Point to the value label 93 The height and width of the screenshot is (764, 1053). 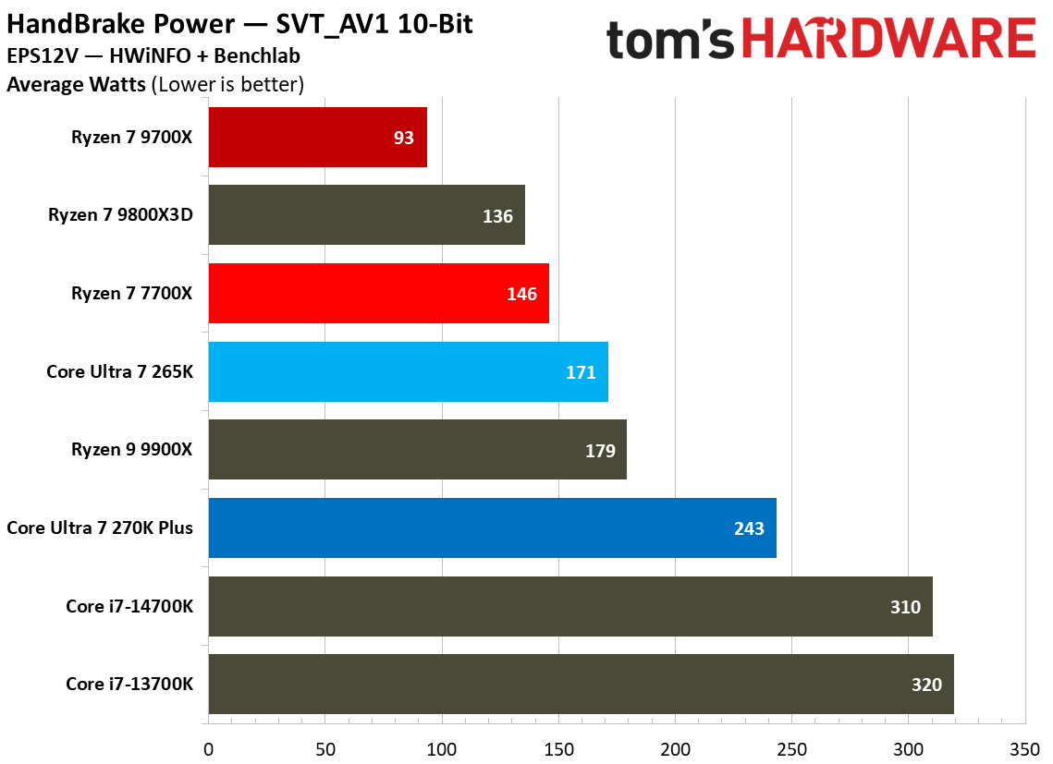(x=405, y=138)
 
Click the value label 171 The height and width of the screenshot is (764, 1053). (x=581, y=372)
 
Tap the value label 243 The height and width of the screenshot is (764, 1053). (x=749, y=528)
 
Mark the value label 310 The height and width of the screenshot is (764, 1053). (x=905, y=607)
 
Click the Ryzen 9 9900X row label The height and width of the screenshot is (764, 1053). (x=131, y=450)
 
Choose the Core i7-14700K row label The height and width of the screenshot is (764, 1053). (x=129, y=606)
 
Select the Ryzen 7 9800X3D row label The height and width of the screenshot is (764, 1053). (x=120, y=215)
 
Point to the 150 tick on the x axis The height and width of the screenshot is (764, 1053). (x=558, y=747)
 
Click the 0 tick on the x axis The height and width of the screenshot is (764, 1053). (x=209, y=747)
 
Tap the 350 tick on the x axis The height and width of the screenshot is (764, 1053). (x=1025, y=747)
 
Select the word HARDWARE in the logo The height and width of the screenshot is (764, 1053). (x=888, y=40)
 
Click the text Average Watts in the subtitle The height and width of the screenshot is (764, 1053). (x=76, y=85)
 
